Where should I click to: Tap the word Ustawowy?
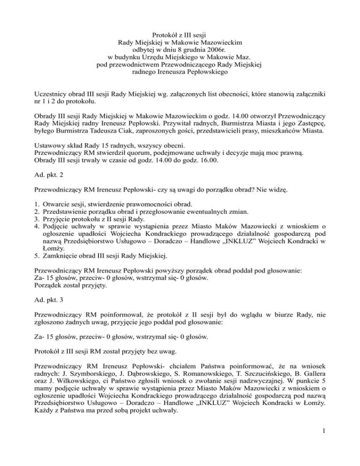pos(51,145)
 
